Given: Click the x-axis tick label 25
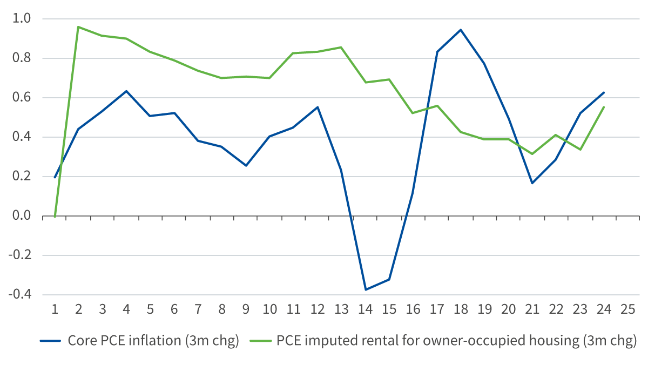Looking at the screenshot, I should point(627,309).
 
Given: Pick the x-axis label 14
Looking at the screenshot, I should point(366,309).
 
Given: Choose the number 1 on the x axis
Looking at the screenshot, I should point(55,309).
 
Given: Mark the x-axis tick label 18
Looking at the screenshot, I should point(461,309).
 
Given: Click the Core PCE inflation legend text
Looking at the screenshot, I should point(153,341).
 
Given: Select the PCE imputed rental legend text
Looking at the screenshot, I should point(457,341).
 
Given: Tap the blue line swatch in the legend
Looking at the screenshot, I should point(51,342).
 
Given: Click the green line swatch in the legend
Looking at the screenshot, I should point(261,342).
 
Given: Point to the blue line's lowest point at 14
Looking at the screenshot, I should point(366,290).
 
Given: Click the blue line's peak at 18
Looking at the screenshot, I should point(461,29).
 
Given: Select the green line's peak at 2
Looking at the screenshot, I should point(78,26).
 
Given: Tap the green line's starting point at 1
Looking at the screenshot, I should point(55,217).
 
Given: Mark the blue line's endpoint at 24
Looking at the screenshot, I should point(604,92).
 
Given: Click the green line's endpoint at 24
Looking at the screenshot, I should point(604,107).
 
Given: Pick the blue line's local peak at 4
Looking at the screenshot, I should point(126,91).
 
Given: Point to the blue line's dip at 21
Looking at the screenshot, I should point(532,183).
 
